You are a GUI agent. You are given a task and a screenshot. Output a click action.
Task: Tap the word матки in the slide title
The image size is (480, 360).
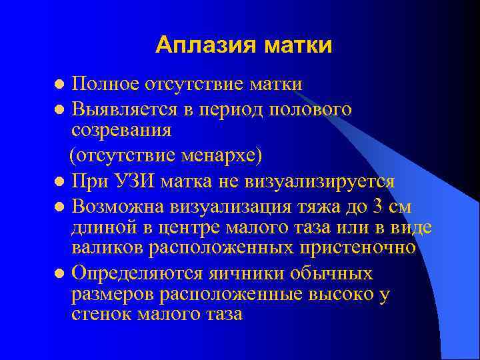coord(297,45)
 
